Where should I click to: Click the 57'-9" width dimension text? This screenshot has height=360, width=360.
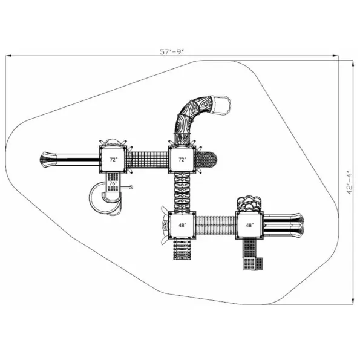pyautogui.click(x=172, y=52)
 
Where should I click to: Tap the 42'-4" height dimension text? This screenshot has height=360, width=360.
pyautogui.click(x=349, y=183)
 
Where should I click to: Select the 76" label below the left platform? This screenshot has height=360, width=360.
pyautogui.click(x=113, y=183)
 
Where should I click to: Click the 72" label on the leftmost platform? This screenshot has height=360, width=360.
pyautogui.click(x=113, y=160)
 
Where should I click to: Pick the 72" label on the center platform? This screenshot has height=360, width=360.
pyautogui.click(x=183, y=159)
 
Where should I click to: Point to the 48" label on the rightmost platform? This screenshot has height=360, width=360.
pyautogui.click(x=250, y=225)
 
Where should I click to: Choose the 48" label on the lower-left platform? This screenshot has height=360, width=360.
pyautogui.click(x=183, y=225)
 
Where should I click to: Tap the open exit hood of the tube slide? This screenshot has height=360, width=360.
pyautogui.click(x=221, y=105)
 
